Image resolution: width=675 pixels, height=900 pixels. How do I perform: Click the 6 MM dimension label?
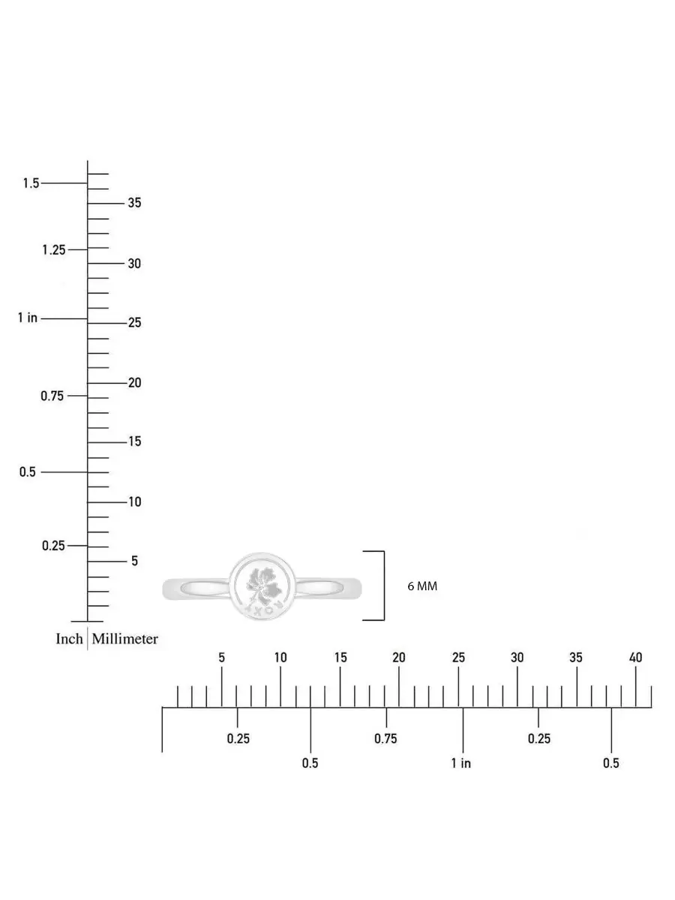coord(422,586)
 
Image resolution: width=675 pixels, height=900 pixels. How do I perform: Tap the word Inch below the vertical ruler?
coord(69,639)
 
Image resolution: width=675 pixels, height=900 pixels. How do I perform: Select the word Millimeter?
coord(125,639)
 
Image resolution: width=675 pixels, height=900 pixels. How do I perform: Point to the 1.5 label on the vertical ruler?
coord(31,183)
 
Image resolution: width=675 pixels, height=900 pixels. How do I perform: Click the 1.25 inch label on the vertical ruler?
coord(54,250)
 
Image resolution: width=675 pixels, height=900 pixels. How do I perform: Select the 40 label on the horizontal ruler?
coord(635,658)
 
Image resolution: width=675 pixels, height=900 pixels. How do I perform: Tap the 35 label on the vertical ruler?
coord(134,202)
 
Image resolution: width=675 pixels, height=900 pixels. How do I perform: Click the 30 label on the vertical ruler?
coord(134,264)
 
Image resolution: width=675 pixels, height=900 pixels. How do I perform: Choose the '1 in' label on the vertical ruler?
coord(28,317)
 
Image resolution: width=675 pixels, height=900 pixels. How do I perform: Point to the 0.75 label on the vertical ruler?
coord(52,396)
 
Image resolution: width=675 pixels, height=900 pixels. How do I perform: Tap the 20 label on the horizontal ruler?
coord(399,658)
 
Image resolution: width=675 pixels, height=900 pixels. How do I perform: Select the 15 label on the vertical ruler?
coord(134,442)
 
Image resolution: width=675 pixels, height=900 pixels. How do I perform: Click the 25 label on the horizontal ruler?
coord(458,658)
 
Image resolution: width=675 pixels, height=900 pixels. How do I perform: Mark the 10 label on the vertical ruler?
coord(134,502)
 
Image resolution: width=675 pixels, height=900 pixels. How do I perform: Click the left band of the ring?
coord(196,589)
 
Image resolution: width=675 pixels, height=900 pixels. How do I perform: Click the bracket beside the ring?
coord(384,586)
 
